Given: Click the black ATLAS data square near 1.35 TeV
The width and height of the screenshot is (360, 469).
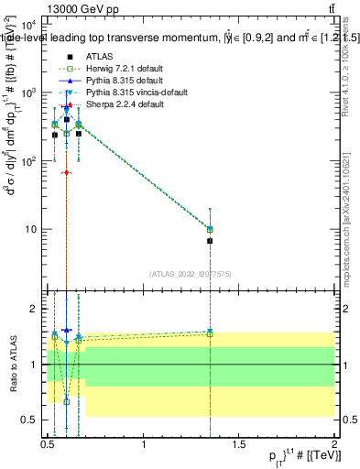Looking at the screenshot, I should pyautogui.click(x=210, y=241).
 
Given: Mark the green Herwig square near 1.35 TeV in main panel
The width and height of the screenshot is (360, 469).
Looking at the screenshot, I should pyautogui.click(x=210, y=229).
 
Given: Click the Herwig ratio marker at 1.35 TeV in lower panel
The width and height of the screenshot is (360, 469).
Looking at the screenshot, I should pyautogui.click(x=210, y=334).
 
